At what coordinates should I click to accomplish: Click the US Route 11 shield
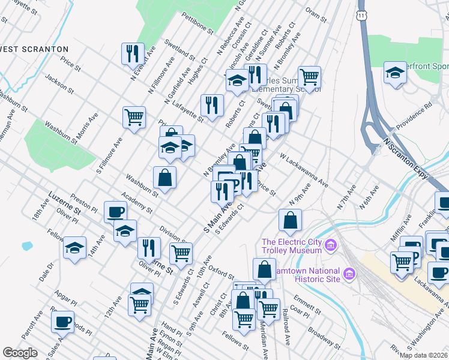click(361, 13)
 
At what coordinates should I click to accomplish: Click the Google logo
click(20, 353)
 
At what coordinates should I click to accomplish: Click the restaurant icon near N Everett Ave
click(133, 53)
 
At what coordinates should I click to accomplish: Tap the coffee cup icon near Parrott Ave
click(62, 322)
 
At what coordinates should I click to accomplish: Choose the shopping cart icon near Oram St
click(309, 76)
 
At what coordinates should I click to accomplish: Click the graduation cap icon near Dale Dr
click(74, 247)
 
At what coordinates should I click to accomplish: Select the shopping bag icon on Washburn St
click(164, 178)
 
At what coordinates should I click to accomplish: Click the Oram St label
click(315, 16)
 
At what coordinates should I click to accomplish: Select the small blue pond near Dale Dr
click(26, 245)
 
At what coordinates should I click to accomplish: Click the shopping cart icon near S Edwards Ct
click(181, 253)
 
